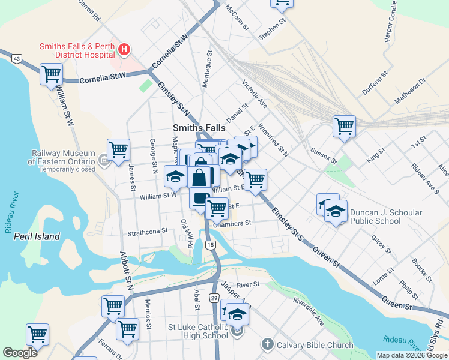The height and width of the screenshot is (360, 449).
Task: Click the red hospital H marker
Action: point(124,49)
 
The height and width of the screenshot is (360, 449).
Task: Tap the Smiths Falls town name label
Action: point(199,128)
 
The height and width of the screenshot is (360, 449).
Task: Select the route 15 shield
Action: point(210,245)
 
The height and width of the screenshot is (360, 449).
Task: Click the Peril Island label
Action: point(37,236)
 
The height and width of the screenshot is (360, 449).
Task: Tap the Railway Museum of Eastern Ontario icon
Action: point(103,160)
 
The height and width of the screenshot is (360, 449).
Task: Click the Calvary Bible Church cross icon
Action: point(267,344)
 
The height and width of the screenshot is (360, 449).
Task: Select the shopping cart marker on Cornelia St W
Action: point(51,74)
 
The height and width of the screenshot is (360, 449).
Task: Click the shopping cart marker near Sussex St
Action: point(345,126)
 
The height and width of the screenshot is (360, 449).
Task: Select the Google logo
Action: point(20,353)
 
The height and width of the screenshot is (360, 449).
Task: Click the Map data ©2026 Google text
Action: point(412,355)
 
